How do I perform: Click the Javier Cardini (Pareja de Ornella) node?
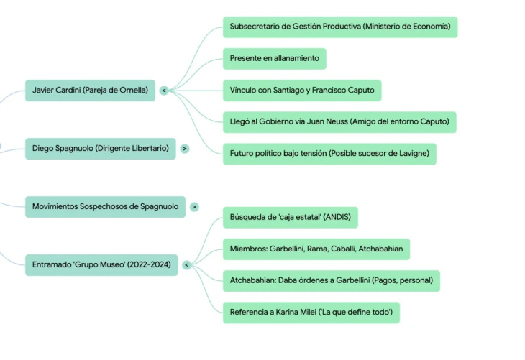click(x=90, y=91)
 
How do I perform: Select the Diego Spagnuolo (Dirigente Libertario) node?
click(x=100, y=149)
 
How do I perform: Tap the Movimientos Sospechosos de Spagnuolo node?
click(x=105, y=206)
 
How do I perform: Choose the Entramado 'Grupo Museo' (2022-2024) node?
click(x=101, y=265)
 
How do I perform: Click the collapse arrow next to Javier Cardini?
click(x=164, y=91)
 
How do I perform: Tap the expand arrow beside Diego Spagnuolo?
click(x=185, y=149)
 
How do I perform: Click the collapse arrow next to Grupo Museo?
click(x=186, y=265)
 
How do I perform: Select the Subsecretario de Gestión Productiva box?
click(x=339, y=27)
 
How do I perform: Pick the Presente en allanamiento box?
click(x=274, y=58)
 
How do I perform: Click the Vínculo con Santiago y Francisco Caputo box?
click(x=301, y=91)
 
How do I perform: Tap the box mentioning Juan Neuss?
click(x=339, y=122)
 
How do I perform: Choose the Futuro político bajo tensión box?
click(x=329, y=154)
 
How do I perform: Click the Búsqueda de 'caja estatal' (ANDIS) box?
click(x=290, y=217)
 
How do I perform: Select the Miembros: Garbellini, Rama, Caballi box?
click(x=316, y=249)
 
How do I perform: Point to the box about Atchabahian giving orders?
click(x=331, y=280)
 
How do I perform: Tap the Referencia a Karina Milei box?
click(x=311, y=312)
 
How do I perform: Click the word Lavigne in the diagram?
click(x=412, y=154)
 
